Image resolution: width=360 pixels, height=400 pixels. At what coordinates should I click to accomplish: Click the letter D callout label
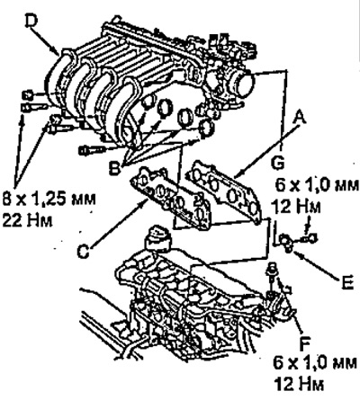coord(31,21)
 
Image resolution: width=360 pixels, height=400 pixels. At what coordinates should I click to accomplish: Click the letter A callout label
coord(300,118)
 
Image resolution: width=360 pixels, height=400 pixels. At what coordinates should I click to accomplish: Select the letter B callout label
coord(114,168)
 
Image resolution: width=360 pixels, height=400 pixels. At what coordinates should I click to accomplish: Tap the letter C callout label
coord(83,251)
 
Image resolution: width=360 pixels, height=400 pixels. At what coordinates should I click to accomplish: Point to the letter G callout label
coord(278,164)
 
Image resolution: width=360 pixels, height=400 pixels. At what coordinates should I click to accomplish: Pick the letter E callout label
coord(347,282)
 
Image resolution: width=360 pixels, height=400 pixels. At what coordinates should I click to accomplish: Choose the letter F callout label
coord(305,343)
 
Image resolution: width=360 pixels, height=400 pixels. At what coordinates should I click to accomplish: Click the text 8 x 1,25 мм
coord(49,200)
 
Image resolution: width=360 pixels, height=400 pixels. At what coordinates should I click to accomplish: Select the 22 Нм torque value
coord(27,220)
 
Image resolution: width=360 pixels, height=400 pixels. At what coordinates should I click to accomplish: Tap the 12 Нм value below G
coord(295,207)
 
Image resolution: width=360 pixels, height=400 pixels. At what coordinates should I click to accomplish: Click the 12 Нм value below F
coord(299,384)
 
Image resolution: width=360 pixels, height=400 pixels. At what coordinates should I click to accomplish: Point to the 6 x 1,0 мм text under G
coord(317,186)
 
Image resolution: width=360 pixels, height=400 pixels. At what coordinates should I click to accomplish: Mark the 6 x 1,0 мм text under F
coord(315,363)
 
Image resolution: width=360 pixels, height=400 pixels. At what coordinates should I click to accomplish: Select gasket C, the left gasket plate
coord(171,198)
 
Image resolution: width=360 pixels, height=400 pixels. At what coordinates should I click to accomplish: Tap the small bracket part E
coord(285,242)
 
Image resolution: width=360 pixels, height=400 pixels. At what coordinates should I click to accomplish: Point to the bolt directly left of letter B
coord(92,150)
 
